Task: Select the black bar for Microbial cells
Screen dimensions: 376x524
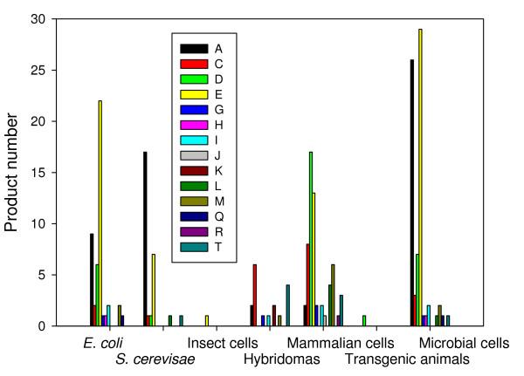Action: [411, 193]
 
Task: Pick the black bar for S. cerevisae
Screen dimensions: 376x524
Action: [145, 239]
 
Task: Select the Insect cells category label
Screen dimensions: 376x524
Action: [223, 343]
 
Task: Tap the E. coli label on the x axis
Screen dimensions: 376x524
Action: [91, 343]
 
